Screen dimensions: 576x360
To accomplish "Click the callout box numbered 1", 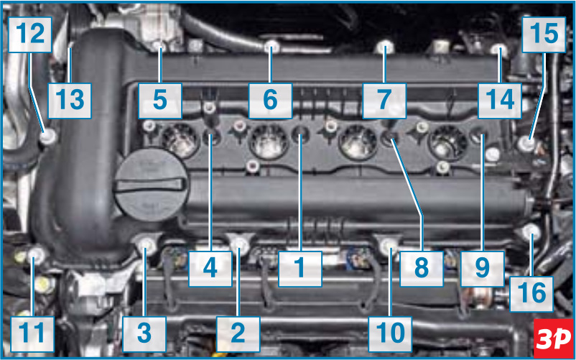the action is click(300, 269).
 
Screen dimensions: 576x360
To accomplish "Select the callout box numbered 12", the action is click(30, 34).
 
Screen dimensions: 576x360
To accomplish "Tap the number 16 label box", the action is click(531, 294).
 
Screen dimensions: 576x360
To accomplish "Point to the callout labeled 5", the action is click(159, 101).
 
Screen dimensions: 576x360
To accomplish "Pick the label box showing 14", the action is click(500, 101).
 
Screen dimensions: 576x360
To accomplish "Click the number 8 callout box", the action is click(422, 269).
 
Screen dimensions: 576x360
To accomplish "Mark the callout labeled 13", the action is click(70, 101).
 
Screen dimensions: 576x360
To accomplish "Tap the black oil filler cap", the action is click(152, 185).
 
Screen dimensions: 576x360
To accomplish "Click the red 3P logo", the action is click(554, 338).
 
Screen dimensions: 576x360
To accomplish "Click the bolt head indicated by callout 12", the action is click(49, 137).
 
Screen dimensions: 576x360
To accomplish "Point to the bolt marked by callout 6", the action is click(271, 47).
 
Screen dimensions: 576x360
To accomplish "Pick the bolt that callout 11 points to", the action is click(36, 254).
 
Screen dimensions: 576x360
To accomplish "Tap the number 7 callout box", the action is click(384, 101).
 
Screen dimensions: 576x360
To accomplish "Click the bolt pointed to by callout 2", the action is click(241, 244).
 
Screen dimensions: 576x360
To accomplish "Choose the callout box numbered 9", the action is click(483, 269).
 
